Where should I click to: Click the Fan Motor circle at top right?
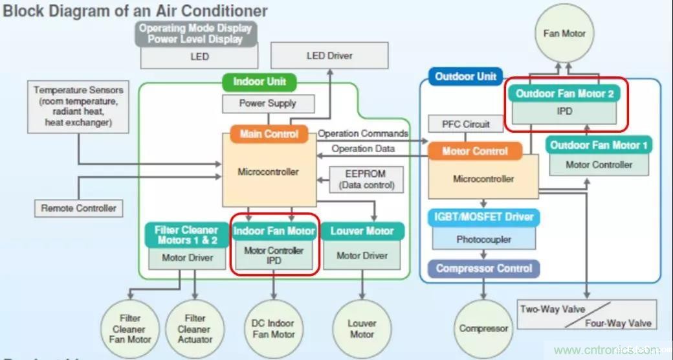pyautogui.click(x=564, y=33)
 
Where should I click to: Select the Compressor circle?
pyautogui.click(x=483, y=328)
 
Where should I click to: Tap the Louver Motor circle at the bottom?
pyautogui.click(x=362, y=328)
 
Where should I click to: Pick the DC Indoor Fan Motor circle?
pyautogui.click(x=272, y=328)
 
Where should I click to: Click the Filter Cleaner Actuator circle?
pyautogui.click(x=195, y=328)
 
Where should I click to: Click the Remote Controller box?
pyautogui.click(x=78, y=208)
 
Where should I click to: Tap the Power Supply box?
pyautogui.click(x=267, y=103)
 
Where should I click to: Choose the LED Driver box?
pyautogui.click(x=329, y=56)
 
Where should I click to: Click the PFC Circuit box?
pyautogui.click(x=466, y=124)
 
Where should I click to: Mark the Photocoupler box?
pyautogui.click(x=483, y=239)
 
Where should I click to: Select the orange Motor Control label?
pyautogui.click(x=475, y=151)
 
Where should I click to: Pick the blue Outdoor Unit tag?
pyautogui.click(x=465, y=76)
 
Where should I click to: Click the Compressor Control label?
pyautogui.click(x=483, y=268)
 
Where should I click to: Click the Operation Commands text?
pyautogui.click(x=363, y=133)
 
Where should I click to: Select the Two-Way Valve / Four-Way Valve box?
pyautogui.click(x=586, y=315)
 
